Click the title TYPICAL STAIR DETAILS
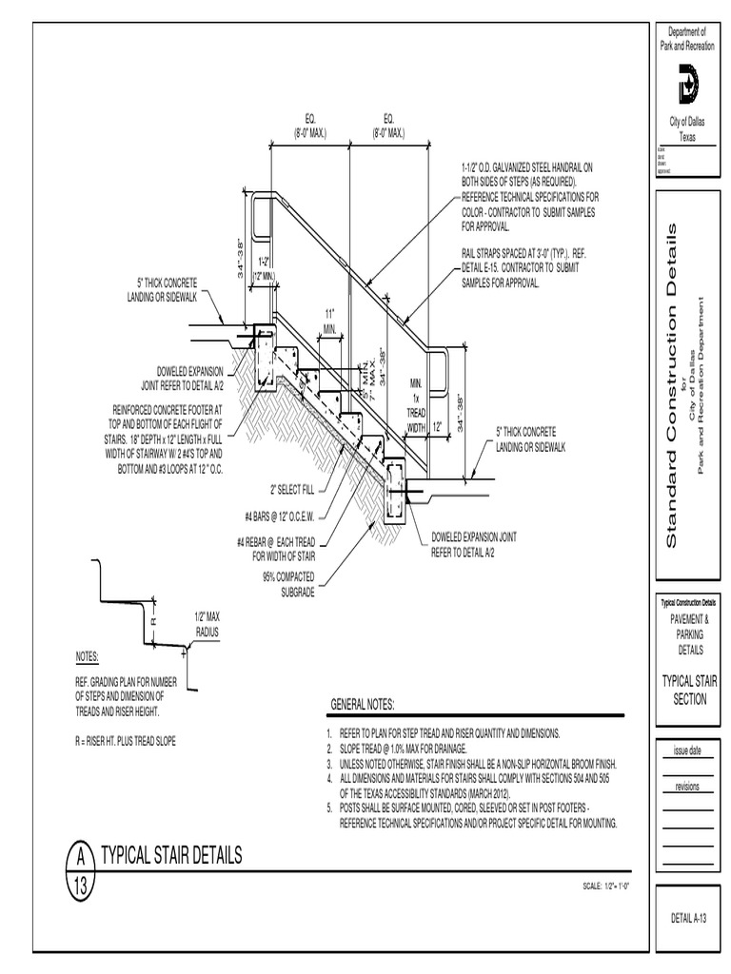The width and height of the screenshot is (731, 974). pyautogui.click(x=171, y=855)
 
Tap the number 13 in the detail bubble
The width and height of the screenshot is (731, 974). pyautogui.click(x=81, y=886)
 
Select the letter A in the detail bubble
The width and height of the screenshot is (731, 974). pyautogui.click(x=81, y=857)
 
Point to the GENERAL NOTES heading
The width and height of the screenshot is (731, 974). pyautogui.click(x=362, y=704)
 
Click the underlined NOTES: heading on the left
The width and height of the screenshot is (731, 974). pyautogui.click(x=87, y=658)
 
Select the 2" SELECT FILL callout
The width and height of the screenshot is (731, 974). pyautogui.click(x=292, y=490)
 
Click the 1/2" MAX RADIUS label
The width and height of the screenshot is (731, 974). pyautogui.click(x=207, y=625)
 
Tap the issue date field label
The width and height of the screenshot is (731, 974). pyautogui.click(x=686, y=750)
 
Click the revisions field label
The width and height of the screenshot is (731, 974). pyautogui.click(x=686, y=787)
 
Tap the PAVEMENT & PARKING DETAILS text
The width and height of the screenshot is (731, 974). pyautogui.click(x=686, y=634)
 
